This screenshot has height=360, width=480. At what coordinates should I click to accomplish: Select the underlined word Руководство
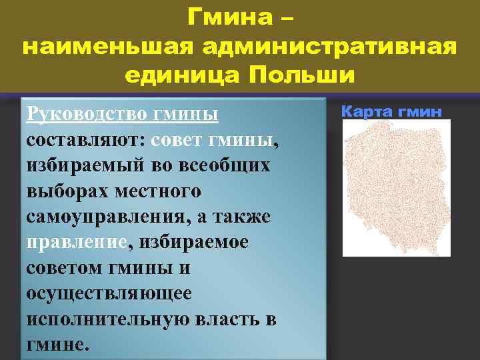[x=86, y=114]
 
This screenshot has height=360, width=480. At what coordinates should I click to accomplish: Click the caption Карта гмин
[x=391, y=111]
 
